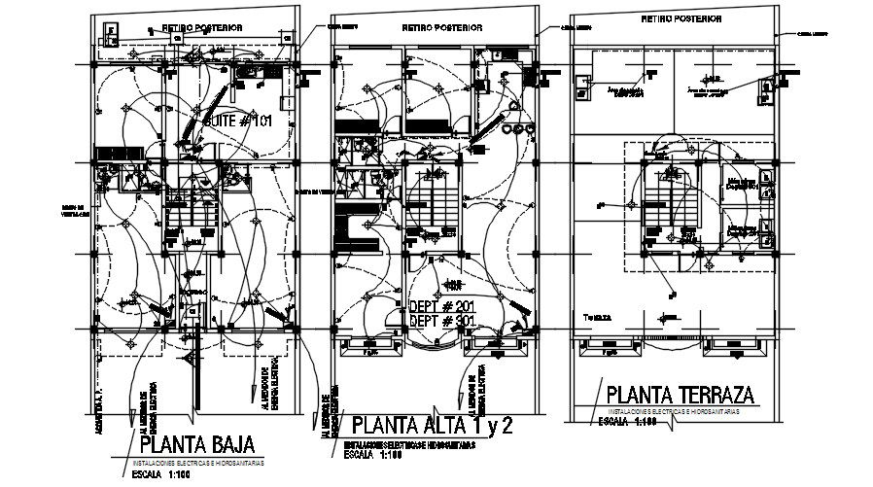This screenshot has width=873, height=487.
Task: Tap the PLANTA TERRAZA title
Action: tap(681, 396)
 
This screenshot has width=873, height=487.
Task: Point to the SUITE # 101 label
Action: tap(238, 122)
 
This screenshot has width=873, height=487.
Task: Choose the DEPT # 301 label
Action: tap(444, 321)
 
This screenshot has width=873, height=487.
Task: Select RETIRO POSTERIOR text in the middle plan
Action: tap(439, 29)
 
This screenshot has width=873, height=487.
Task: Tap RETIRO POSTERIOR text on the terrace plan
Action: tap(681, 18)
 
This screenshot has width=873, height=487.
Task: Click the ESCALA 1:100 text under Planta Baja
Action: tap(161, 475)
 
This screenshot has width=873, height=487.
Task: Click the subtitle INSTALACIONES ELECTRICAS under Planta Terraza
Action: tap(670, 413)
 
